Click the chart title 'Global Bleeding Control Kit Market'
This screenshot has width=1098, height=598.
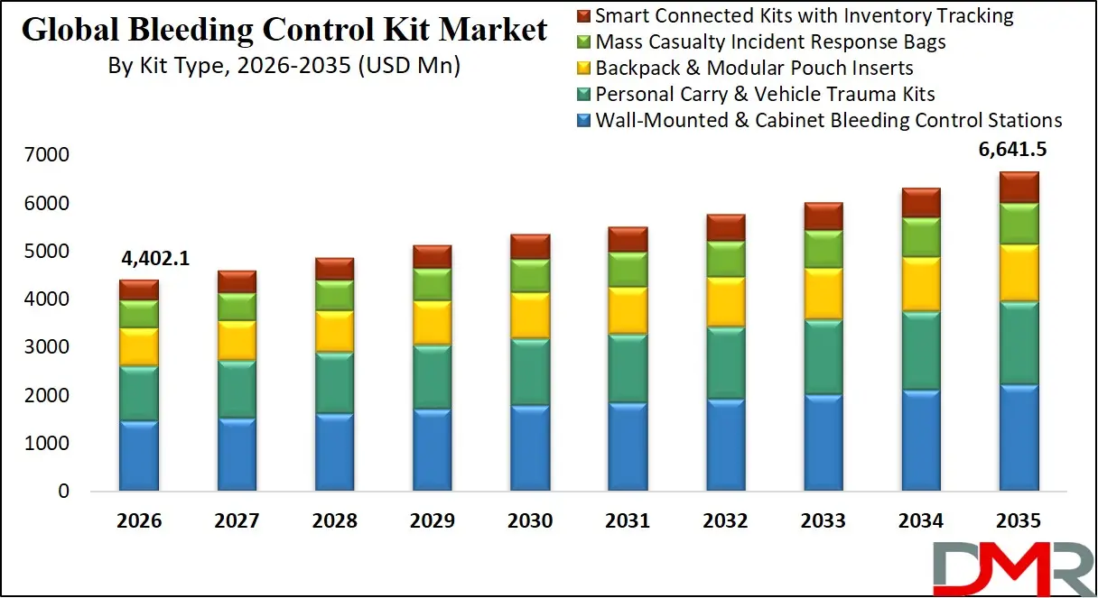point(284,30)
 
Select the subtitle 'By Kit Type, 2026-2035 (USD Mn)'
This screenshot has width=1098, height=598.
point(284,66)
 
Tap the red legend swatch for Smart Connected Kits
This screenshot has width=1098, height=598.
point(583,16)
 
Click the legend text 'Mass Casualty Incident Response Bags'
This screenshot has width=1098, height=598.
point(771,41)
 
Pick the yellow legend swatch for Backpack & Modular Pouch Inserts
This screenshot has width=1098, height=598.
point(583,69)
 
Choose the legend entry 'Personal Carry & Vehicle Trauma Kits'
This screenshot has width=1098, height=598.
point(765,94)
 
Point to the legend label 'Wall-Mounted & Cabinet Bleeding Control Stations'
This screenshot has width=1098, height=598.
point(829,120)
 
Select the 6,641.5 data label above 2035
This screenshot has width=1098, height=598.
point(1019,151)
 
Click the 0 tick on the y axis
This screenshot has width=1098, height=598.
point(62,492)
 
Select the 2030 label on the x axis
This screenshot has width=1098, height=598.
point(530,520)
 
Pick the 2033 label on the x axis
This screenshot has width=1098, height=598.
point(823,520)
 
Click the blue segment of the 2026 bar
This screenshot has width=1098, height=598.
point(139,456)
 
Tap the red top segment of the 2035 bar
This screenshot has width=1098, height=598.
point(1019,187)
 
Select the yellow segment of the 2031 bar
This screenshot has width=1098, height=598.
point(628,310)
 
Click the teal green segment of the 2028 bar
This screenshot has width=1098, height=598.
point(335,383)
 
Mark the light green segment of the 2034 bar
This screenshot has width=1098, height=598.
point(921,237)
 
